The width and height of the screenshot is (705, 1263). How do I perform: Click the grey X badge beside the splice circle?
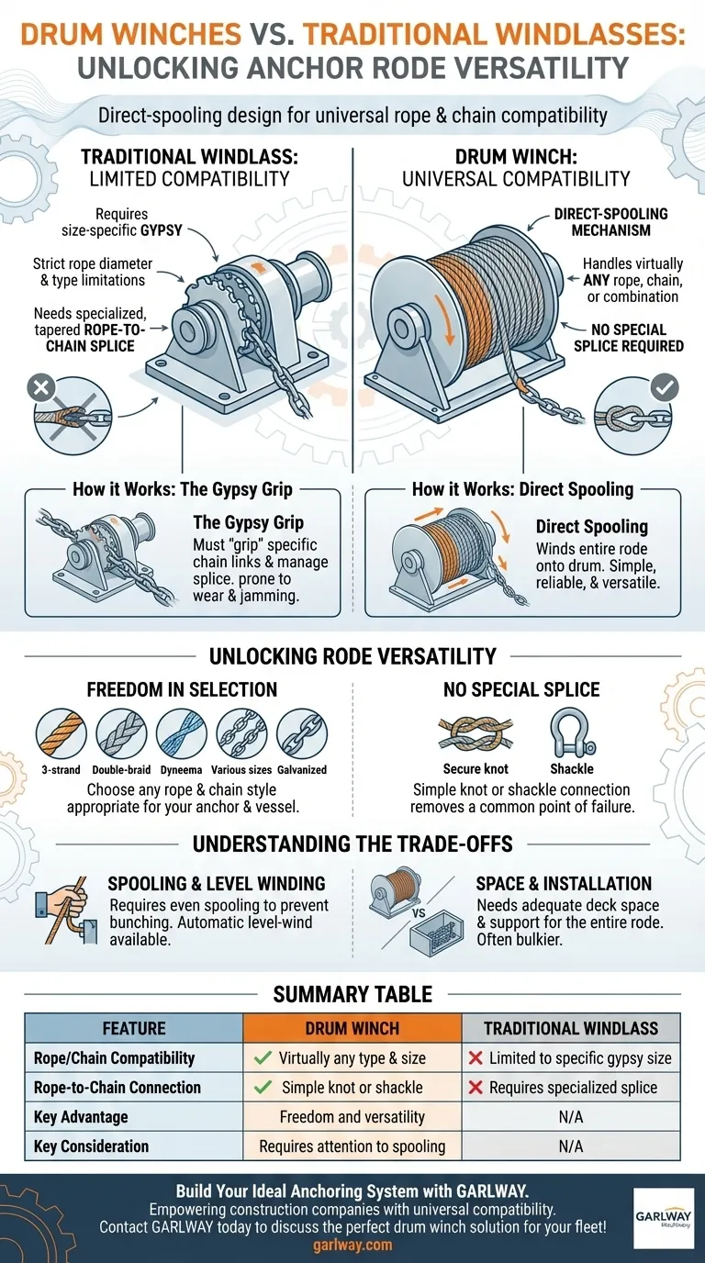pos(41,388)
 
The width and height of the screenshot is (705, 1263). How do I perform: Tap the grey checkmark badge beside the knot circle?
pos(665,387)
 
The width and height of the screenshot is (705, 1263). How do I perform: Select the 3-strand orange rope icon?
pos(61,734)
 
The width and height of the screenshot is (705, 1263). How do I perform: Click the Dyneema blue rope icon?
pos(182,734)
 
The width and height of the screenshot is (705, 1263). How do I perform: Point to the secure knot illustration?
pos(476,734)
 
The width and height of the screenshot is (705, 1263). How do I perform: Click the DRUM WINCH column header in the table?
pos(352,1028)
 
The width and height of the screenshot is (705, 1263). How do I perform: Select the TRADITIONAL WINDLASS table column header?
pos(571,1028)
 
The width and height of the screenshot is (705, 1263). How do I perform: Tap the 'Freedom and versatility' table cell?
pos(352,1116)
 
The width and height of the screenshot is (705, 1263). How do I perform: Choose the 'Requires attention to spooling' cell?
pos(352,1146)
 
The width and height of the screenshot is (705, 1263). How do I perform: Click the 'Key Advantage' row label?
pos(81,1116)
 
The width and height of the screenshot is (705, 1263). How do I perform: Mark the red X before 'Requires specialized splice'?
pos(476,1087)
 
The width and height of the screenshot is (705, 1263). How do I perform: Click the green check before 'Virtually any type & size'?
pos(263,1057)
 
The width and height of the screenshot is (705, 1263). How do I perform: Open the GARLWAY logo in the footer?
pos(664,1218)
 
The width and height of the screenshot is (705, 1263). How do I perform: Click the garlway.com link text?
pos(352,1245)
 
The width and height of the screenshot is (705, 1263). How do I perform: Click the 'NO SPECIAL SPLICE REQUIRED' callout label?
pos(628,337)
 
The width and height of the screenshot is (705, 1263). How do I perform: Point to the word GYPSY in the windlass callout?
pos(162,230)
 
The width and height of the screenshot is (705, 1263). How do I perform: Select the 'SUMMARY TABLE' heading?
pos(352,993)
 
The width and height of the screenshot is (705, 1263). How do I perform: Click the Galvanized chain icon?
pos(302,734)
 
